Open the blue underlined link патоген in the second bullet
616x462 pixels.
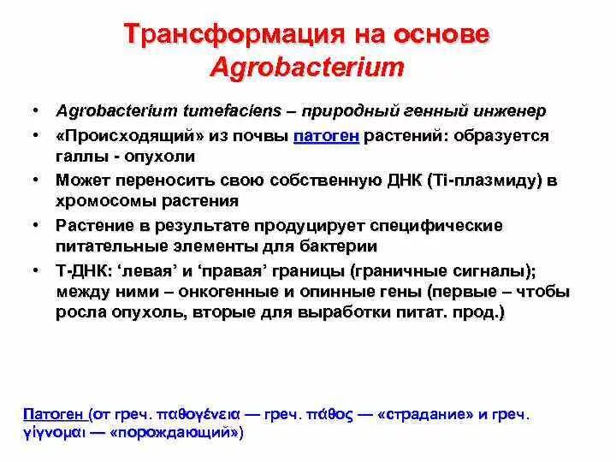click(327, 135)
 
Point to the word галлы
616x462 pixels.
click(80, 157)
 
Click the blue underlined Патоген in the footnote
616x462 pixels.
click(54, 413)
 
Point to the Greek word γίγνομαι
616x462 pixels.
click(52, 433)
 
